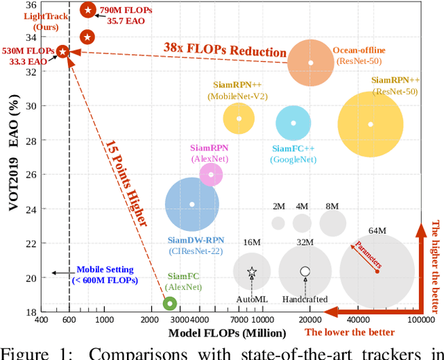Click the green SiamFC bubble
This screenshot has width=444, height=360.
169,303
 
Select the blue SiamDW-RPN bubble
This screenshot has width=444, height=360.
192,204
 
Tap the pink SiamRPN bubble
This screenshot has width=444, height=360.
211,174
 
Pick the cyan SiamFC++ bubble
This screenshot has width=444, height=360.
293,123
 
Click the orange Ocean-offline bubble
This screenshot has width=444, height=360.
311,63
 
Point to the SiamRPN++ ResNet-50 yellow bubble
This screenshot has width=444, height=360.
370,124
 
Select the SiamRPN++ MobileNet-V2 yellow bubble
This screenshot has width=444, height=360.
239,119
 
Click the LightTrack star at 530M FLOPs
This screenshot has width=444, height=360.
62,51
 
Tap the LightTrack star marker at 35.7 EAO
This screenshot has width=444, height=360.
88,10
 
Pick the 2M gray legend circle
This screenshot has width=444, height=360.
278,223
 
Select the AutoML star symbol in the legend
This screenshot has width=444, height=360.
252,271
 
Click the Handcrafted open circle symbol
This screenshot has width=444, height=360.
305,271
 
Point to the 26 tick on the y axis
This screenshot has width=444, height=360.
32,174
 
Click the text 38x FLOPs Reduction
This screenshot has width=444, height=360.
225,51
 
